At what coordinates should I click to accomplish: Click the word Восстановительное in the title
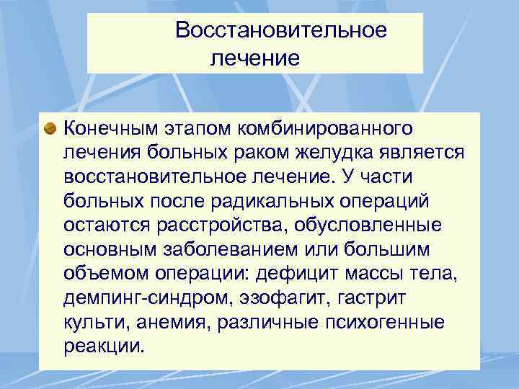pyautogui.click(x=280, y=30)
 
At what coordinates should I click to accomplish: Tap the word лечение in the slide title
pyautogui.click(x=254, y=57)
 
